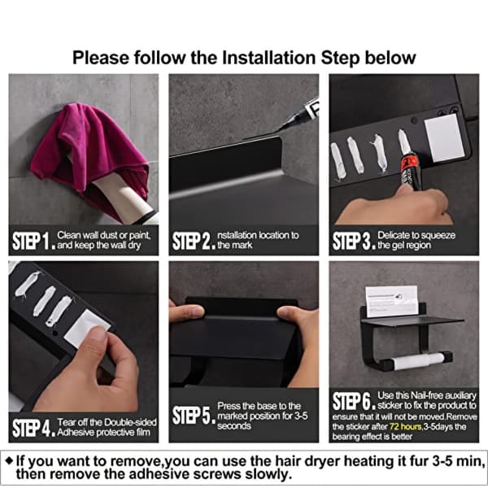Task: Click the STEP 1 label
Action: pyautogui.click(x=33, y=241)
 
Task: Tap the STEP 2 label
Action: pyautogui.click(x=194, y=241)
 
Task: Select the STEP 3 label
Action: pyautogui.click(x=354, y=241)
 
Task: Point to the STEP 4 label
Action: pyautogui.click(x=33, y=428)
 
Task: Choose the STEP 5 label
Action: pyautogui.click(x=194, y=415)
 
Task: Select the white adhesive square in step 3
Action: pyautogui.click(x=444, y=138)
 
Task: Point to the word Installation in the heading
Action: pyautogui.click(x=268, y=58)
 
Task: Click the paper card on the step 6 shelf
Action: pyautogui.click(x=391, y=301)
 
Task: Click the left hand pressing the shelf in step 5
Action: pyautogui.click(x=187, y=312)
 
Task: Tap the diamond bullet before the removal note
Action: pyautogui.click(x=10, y=461)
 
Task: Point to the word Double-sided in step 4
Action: pyautogui.click(x=130, y=422)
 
